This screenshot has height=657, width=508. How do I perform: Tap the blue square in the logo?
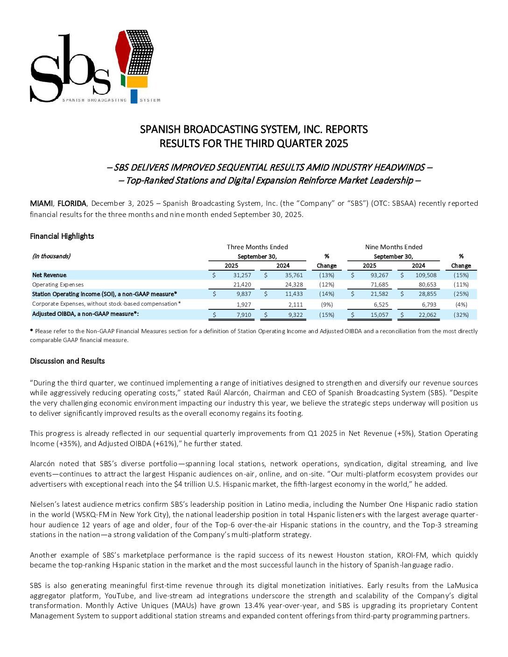[134, 96]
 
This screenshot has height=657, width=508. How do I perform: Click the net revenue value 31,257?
[242, 275]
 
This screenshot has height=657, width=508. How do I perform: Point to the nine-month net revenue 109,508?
[426, 275]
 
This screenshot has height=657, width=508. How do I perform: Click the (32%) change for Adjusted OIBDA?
[461, 315]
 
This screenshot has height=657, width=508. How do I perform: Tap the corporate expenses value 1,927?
[244, 304]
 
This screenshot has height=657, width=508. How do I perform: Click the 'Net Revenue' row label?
[49, 275]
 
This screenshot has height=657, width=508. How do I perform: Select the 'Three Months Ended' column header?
[257, 247]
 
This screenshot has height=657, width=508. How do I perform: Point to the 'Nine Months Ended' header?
[394, 247]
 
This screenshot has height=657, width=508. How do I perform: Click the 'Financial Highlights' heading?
[62, 236]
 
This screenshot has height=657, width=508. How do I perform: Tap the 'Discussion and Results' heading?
[67, 361]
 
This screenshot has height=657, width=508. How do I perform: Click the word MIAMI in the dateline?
[41, 203]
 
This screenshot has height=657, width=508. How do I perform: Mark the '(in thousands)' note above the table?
[51, 256]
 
